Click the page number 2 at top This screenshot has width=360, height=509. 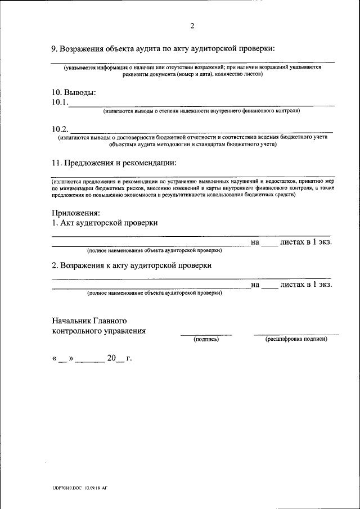coord(192,26)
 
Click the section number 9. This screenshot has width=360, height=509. coord(54,48)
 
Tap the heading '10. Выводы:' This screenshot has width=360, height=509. coord(73,92)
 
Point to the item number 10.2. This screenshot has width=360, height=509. coord(60,129)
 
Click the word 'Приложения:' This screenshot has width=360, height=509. coord(75,213)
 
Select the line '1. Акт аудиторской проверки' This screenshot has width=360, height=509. coord(105,223)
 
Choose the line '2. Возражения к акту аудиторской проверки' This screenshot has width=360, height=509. coord(132,265)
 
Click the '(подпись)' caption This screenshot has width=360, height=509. coord(206,340)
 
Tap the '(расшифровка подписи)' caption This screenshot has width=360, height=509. coord(296,340)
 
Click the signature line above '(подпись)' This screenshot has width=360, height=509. coord(206,335)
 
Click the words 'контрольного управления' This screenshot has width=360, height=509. coord(98,331)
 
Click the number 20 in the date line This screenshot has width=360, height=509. coord(111,358)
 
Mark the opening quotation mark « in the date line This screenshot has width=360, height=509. coord(55,358)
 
